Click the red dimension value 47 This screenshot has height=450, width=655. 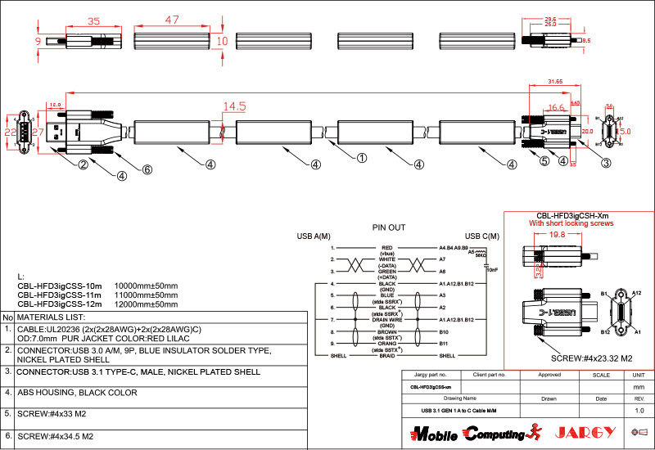(172, 20)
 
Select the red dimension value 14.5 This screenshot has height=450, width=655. (234, 106)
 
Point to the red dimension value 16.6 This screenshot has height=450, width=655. (556, 108)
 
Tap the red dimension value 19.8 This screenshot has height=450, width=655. (558, 235)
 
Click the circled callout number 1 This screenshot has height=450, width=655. (361, 157)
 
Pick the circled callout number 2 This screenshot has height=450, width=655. (83, 164)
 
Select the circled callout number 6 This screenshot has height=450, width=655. (147, 169)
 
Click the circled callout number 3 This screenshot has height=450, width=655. (606, 162)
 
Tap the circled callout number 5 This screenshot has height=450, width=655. (544, 161)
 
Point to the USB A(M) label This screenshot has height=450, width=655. (314, 237)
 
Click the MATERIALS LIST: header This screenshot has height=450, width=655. (51, 317)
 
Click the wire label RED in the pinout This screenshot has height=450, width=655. (387, 247)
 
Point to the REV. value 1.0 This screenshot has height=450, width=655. (639, 410)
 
